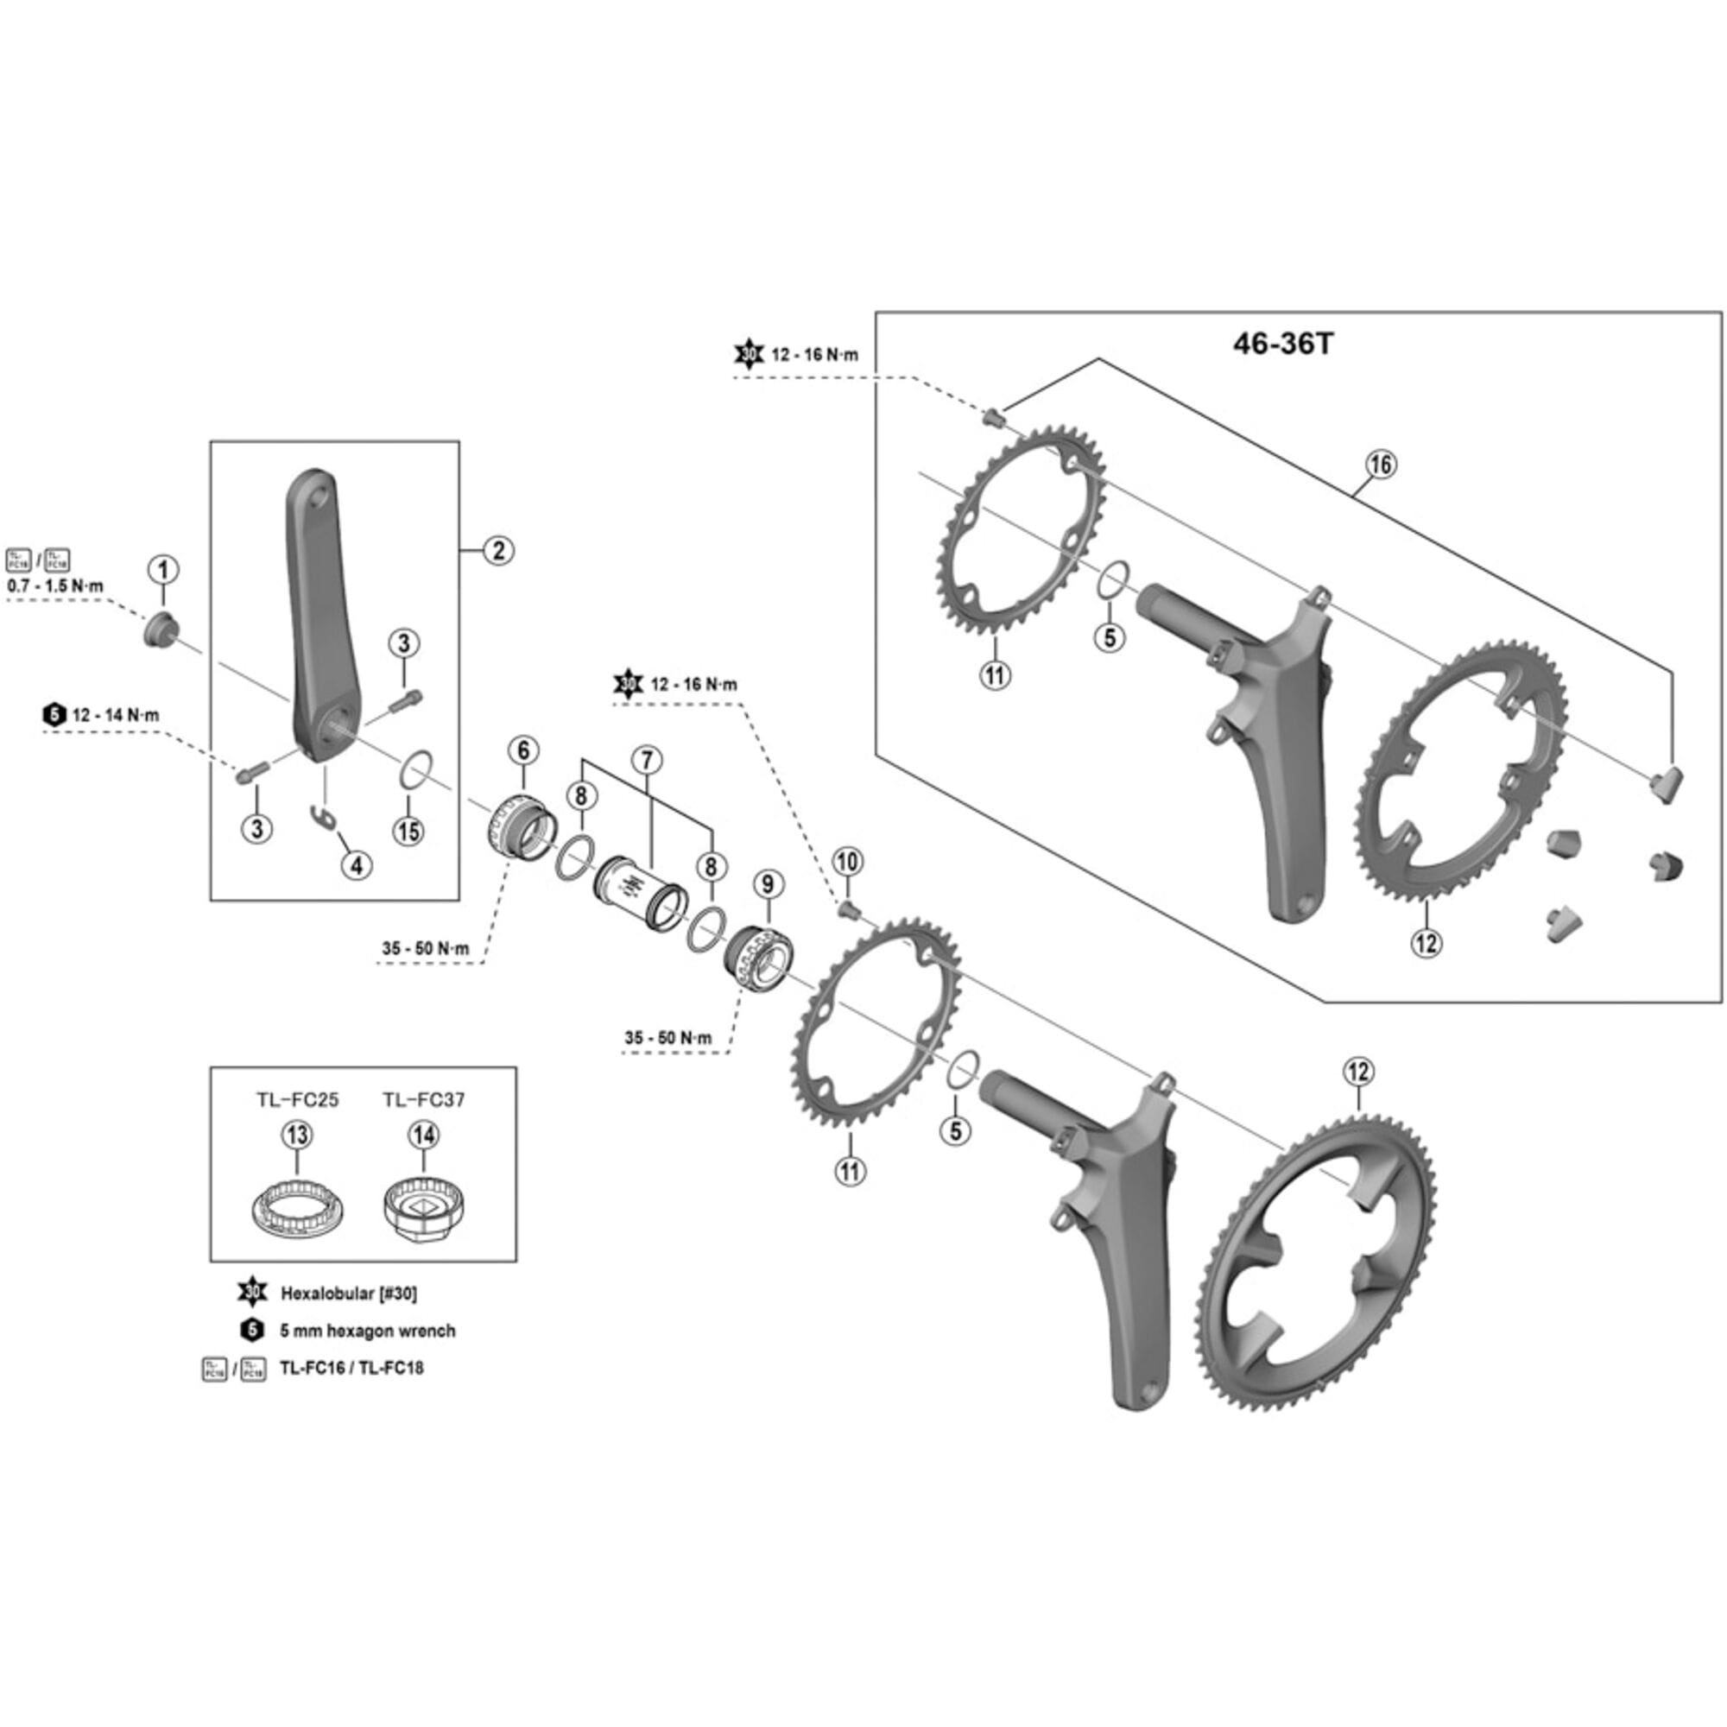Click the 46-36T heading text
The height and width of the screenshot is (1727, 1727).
click(1283, 345)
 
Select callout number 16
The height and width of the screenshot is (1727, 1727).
click(1380, 464)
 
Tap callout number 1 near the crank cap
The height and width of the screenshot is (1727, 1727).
click(162, 568)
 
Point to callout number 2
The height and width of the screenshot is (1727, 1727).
click(498, 550)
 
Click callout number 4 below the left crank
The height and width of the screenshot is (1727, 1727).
click(356, 864)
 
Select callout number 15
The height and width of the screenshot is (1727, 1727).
click(408, 831)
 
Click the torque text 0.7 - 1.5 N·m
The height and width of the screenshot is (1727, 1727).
click(55, 587)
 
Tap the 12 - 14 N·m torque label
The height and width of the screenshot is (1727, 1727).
click(115, 715)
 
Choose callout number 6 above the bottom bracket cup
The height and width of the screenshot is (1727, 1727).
click(524, 750)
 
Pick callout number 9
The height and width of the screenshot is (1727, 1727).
click(768, 884)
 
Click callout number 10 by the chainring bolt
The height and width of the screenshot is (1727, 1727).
click(847, 862)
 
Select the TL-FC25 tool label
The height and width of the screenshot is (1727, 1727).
click(298, 1099)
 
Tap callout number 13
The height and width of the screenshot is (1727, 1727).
click(297, 1135)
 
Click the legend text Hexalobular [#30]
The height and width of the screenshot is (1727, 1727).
click(349, 1293)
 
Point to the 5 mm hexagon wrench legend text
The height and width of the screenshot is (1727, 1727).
click(367, 1330)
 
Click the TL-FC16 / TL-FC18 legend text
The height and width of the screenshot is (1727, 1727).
click(351, 1368)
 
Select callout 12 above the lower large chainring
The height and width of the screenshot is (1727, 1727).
click(1357, 1071)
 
